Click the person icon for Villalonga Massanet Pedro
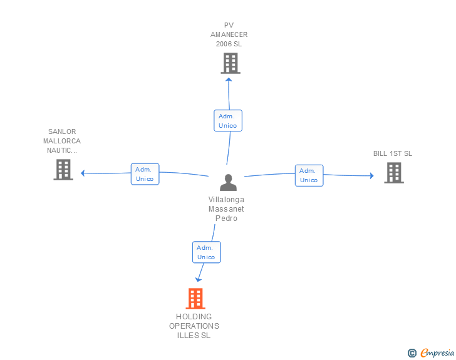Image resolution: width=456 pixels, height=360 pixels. [228, 182]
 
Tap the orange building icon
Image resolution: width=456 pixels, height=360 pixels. [195, 299]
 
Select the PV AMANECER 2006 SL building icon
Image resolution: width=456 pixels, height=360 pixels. [230, 63]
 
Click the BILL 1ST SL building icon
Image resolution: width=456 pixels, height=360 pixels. [393, 173]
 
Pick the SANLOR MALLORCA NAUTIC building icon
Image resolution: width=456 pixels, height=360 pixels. [63, 170]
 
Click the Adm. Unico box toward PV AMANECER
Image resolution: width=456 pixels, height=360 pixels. [227, 121]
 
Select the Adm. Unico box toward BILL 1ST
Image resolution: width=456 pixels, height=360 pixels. [309, 175]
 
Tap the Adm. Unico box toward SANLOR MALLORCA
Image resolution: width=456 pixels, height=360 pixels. [145, 174]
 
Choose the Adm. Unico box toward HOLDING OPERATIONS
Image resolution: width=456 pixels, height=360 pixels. [206, 252]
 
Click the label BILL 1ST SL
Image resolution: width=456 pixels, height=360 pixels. [393, 153]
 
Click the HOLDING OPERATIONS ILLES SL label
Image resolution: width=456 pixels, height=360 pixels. [194, 326]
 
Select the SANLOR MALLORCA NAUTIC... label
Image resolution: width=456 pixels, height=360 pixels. [62, 141]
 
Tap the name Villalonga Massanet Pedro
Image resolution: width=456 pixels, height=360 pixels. [227, 208]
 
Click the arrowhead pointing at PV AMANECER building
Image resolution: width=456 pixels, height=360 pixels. [229, 79]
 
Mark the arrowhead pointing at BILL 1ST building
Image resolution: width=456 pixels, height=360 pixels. [371, 176]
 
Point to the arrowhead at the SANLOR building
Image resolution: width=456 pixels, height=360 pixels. [83, 173]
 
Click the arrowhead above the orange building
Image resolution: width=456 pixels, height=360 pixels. [199, 279]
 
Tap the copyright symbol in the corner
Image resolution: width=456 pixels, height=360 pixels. [412, 353]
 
